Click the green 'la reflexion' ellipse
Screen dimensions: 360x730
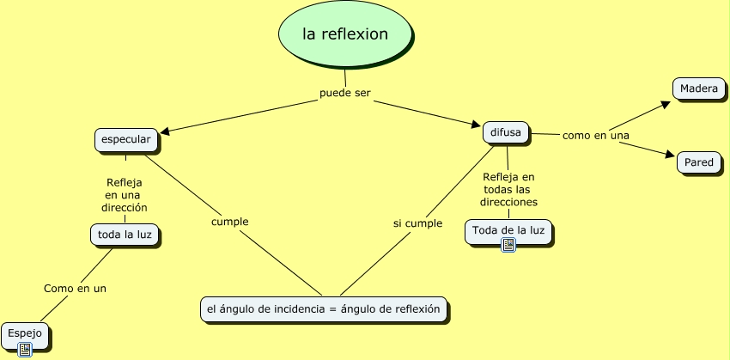(345, 34)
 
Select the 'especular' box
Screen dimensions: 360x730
(125, 139)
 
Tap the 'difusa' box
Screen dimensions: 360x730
(506, 132)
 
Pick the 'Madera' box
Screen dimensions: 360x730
(697, 88)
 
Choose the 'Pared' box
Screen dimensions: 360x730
(698, 162)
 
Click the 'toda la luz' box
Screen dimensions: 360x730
(125, 234)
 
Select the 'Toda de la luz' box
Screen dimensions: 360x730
(508, 230)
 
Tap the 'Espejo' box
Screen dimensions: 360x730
(22, 333)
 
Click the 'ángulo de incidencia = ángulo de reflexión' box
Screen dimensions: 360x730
(323, 308)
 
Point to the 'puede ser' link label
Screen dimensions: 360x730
(344, 93)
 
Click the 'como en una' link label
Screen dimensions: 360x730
(595, 136)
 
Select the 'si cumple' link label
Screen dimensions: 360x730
(417, 223)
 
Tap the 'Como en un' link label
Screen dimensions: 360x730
(75, 289)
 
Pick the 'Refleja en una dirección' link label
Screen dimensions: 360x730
(124, 195)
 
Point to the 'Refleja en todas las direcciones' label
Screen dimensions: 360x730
(509, 189)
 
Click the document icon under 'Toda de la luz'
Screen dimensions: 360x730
(508, 245)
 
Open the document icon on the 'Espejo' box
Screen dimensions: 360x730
(25, 349)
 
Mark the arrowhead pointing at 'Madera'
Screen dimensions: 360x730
(665, 104)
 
